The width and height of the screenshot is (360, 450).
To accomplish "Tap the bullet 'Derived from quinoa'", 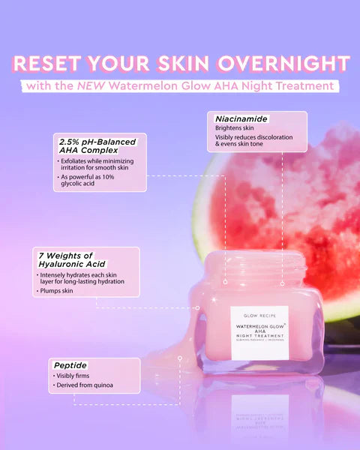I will pos(85,385).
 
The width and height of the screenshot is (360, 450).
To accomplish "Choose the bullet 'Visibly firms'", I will pos(76,375).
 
